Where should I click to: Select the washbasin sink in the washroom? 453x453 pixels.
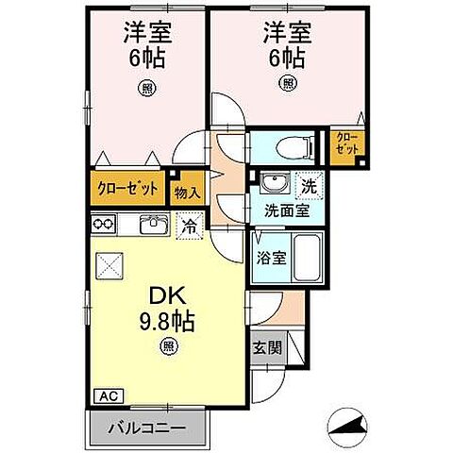pyautogui.click(x=275, y=183)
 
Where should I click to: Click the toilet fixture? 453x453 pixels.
pyautogui.click(x=289, y=146)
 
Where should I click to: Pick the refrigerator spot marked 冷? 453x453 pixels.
pyautogui.click(x=189, y=226)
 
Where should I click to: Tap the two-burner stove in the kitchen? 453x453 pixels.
pyautogui.click(x=105, y=225)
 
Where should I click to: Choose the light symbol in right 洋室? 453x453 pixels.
pyautogui.click(x=287, y=82)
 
